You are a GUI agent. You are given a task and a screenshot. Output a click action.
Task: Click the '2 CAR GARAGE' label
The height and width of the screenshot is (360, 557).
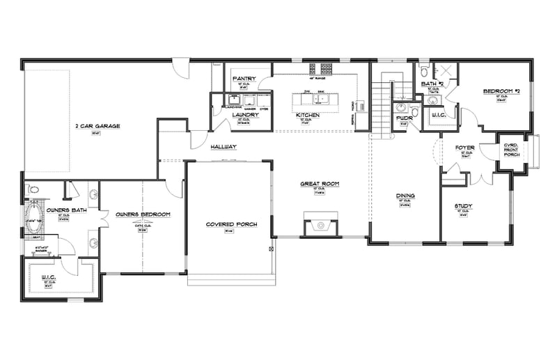pos(98,127)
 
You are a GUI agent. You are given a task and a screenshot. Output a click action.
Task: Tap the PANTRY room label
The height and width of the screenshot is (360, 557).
pos(245,79)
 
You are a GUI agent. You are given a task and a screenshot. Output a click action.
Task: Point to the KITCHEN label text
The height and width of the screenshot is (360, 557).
pos(307,114)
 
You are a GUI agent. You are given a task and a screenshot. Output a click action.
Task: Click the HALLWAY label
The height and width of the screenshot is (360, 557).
pos(223,148)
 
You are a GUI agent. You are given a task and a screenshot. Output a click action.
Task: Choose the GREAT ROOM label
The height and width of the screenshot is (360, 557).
pos(319,184)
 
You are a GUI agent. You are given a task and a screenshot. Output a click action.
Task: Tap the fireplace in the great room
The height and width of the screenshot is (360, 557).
pos(320,224)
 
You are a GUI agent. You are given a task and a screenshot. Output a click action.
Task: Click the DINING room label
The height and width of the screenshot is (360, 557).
pos(405,196)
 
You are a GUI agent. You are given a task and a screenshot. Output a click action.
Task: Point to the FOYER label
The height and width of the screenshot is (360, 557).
pos(464,148)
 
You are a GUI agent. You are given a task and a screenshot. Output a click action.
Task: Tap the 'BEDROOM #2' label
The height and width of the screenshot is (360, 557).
pos(499,91)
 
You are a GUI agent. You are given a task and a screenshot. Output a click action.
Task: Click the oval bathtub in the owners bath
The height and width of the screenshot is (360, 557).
pos(34,221)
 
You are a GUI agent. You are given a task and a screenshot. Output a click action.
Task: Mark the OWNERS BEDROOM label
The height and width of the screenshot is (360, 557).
pos(143,214)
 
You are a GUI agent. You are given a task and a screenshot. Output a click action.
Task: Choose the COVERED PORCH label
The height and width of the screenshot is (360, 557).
pos(231,224)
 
